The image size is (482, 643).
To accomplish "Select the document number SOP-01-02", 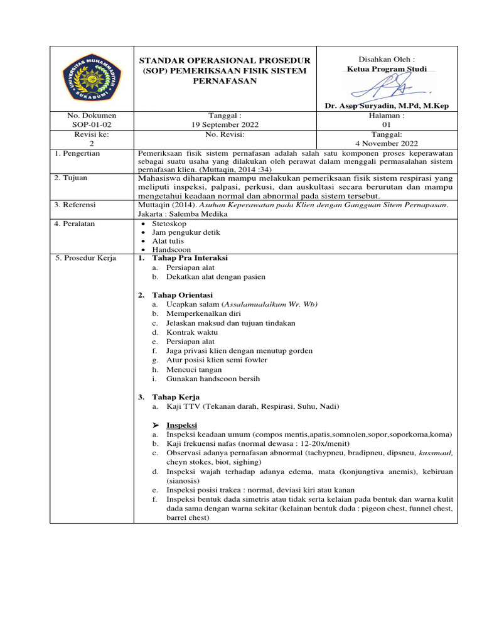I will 92,125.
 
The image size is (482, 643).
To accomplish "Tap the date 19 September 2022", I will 224,125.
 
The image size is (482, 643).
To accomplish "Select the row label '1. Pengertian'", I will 77,153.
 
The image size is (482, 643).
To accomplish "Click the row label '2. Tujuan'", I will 71,178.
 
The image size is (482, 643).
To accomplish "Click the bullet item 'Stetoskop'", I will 169,223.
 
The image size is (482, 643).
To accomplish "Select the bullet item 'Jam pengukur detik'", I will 186,232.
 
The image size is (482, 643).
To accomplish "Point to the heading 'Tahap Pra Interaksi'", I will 190,258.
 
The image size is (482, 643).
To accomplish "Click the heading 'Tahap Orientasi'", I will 182,294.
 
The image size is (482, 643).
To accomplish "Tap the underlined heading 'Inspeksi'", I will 182,425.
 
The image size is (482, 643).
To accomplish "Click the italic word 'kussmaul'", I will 436,452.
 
